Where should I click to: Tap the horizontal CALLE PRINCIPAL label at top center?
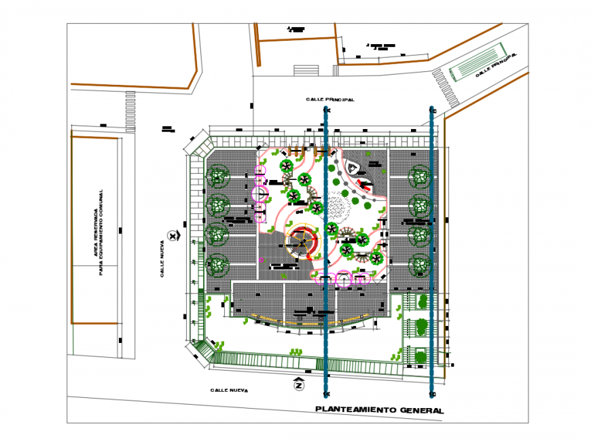330,100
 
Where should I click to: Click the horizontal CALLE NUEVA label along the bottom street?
229,390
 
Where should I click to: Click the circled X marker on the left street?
173,236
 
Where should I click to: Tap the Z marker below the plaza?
298,385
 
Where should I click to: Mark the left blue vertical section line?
327,251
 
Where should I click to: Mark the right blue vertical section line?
432,251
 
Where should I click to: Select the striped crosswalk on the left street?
130,112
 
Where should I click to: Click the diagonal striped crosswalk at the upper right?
444,88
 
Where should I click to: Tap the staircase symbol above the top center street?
306,70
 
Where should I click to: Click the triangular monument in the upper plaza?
353,167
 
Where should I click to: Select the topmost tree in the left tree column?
217,177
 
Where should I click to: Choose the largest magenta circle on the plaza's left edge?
260,194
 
